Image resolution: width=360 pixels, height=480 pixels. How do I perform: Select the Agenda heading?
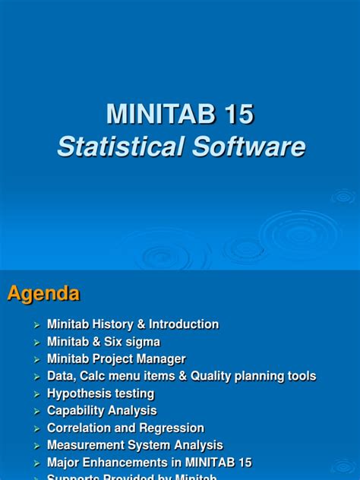pos(43,294)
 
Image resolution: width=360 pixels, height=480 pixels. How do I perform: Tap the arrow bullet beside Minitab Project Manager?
pos(36,359)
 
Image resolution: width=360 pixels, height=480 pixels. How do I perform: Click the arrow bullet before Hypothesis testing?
pos(36,394)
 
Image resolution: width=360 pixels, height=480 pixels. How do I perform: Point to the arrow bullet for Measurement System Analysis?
pos(36,446)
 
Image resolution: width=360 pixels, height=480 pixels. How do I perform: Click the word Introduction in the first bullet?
pos(184,324)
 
